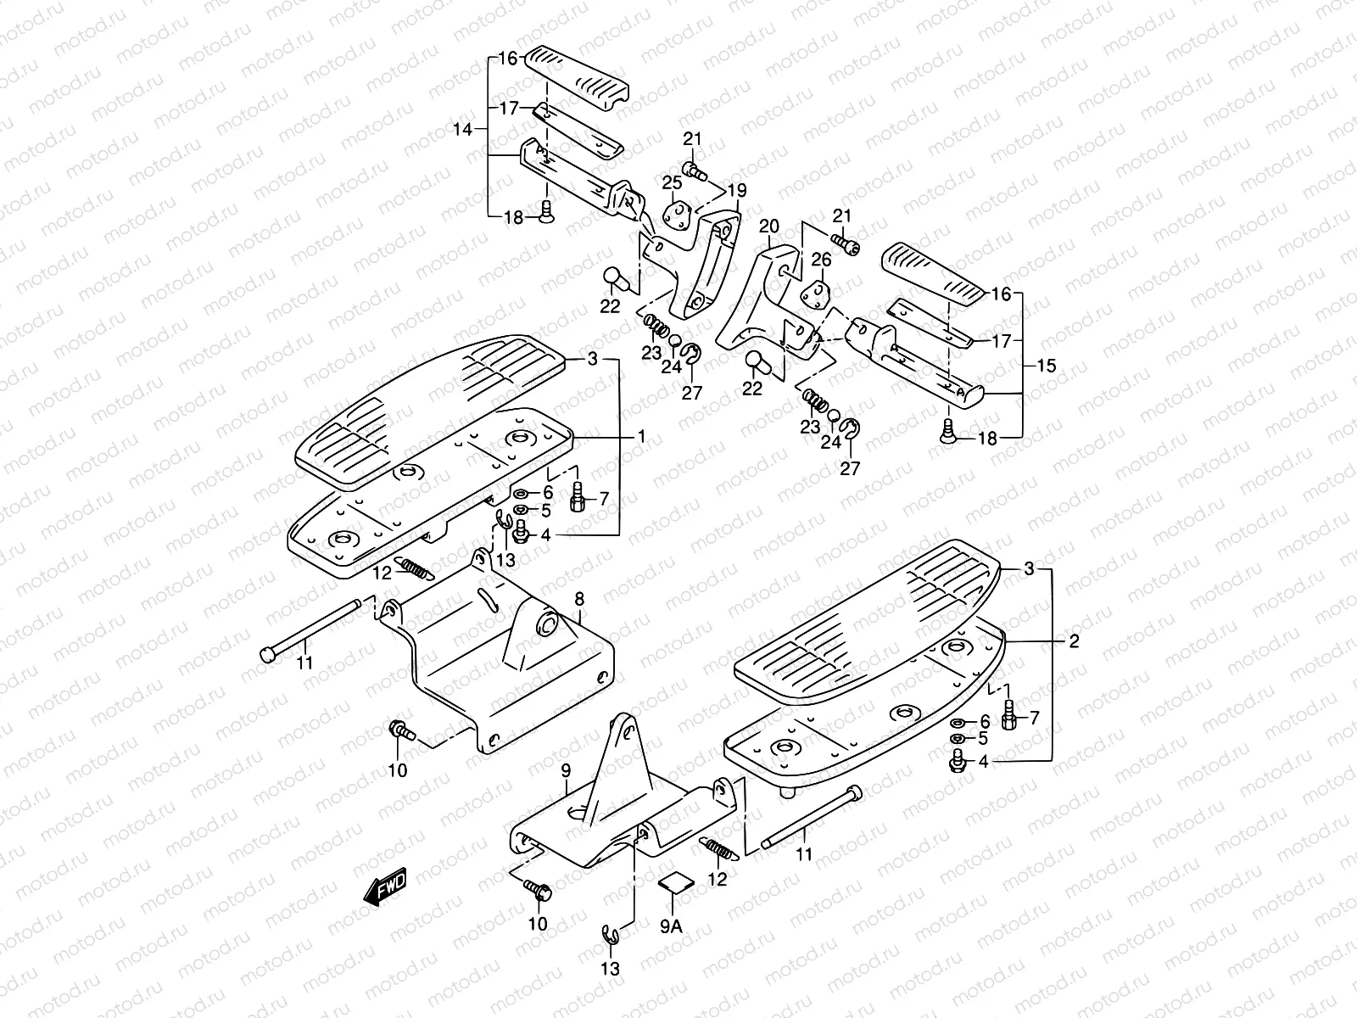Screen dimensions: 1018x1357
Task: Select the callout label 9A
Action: click(671, 925)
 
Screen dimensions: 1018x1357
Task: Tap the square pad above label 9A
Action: click(675, 883)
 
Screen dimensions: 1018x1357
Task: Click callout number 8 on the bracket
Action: click(579, 600)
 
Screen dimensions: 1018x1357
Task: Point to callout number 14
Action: click(461, 130)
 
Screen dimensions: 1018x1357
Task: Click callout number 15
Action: click(1047, 366)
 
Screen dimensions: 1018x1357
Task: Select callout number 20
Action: click(768, 227)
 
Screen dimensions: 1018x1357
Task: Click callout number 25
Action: click(672, 182)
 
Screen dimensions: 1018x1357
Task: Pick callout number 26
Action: click(822, 259)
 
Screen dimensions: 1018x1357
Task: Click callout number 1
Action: click(642, 437)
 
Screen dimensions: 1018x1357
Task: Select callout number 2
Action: click(1074, 641)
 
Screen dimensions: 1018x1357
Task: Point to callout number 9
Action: click(565, 769)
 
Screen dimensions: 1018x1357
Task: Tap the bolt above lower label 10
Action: click(538, 889)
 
